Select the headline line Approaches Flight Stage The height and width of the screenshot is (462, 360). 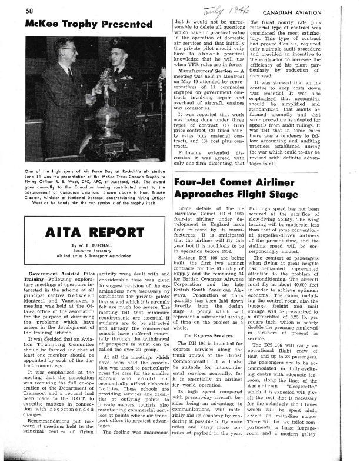237,197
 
